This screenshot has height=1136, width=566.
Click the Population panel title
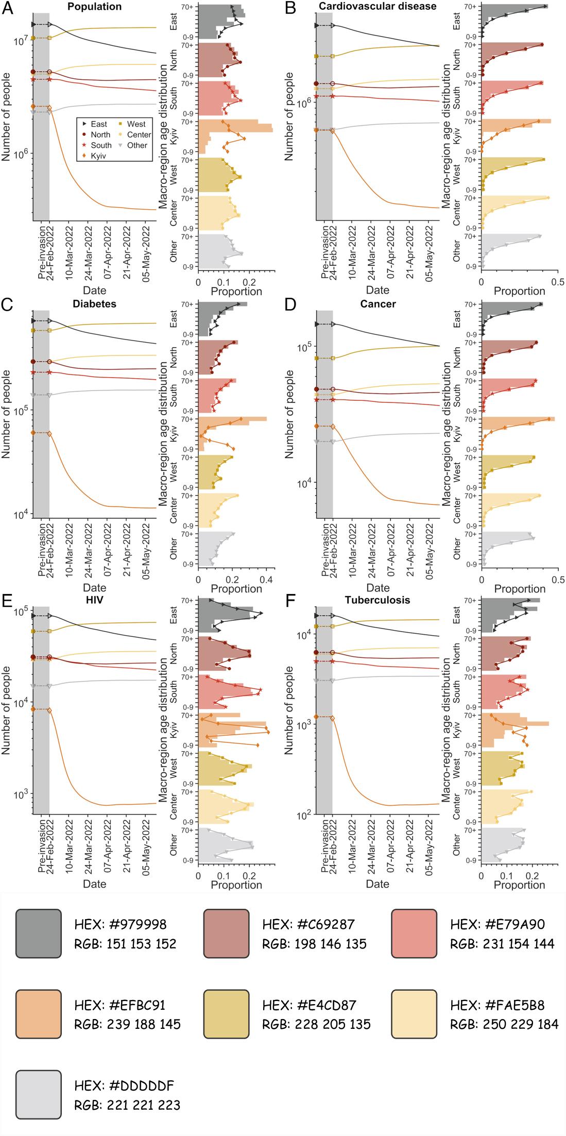95,7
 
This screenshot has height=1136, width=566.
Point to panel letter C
7,304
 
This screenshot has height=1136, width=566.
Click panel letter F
290,601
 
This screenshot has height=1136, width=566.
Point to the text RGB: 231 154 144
502,944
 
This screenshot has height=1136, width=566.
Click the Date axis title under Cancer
378,588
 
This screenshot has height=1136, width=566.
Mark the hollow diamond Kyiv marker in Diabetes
49,433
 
